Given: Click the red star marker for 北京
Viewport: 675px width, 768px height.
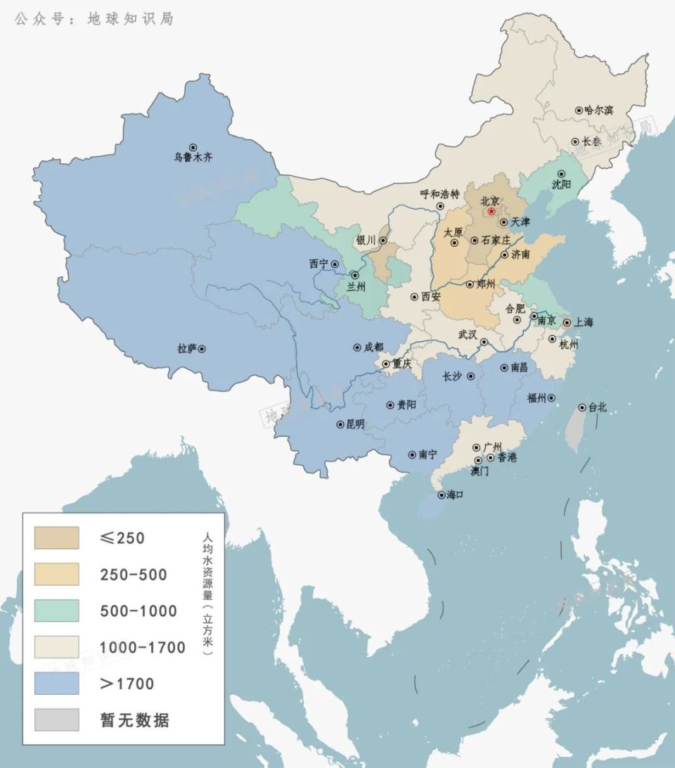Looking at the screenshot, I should click(x=491, y=211).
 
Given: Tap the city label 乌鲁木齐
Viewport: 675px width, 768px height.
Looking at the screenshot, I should click(x=193, y=158).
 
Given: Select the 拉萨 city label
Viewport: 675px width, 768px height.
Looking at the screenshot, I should click(x=187, y=348).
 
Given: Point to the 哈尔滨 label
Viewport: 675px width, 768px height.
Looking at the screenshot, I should click(x=599, y=110).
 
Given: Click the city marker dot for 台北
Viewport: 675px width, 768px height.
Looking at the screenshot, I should click(x=582, y=407).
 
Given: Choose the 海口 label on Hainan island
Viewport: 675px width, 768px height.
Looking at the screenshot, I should click(x=455, y=495).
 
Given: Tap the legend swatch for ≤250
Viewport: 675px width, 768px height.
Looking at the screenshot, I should click(x=57, y=538).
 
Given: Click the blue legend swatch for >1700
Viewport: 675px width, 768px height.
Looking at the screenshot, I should click(x=57, y=683).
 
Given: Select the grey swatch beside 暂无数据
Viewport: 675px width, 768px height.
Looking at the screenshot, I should click(x=57, y=719).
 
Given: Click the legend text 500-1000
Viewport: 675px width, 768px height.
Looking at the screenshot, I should click(x=139, y=611).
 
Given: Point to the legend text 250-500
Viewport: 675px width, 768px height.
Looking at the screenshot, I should click(x=134, y=575).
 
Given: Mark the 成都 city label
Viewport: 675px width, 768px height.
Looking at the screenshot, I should click(x=374, y=347).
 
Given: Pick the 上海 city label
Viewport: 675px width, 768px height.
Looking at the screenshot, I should click(x=584, y=323).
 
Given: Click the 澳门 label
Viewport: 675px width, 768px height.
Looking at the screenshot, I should click(x=480, y=471).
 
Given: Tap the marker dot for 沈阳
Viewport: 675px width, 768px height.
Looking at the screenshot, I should click(x=561, y=174).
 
